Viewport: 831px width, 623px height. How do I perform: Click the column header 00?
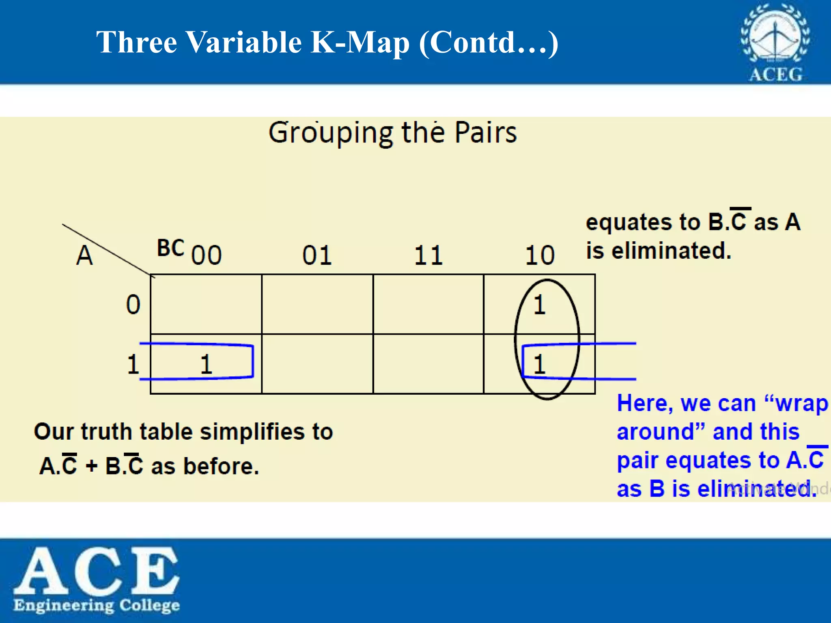tap(207, 255)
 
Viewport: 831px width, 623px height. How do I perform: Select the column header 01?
tap(317, 256)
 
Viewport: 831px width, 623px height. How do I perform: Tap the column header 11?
tap(428, 256)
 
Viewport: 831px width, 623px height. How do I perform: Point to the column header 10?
tap(540, 256)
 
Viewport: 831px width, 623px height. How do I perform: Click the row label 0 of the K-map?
tap(133, 305)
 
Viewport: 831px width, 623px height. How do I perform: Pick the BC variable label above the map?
tap(170, 248)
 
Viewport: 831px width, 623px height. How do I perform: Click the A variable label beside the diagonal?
tap(84, 256)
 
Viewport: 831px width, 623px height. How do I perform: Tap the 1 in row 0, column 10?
tap(539, 305)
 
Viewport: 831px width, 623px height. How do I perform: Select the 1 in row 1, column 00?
tap(206, 364)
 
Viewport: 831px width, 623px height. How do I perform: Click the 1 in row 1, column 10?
tap(539, 364)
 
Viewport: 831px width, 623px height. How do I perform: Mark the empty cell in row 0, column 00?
tap(206, 304)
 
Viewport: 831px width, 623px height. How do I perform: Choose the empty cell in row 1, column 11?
tap(428, 364)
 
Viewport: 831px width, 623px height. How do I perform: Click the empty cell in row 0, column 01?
tap(317, 304)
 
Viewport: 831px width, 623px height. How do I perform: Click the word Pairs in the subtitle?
tap(485, 133)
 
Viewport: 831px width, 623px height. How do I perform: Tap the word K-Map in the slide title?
tap(360, 42)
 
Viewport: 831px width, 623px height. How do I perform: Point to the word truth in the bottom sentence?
tap(106, 431)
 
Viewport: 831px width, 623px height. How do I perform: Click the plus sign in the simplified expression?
tap(92, 466)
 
